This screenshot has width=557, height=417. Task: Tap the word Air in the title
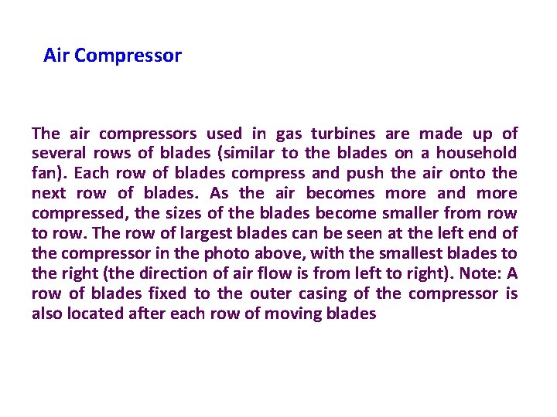(56, 56)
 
